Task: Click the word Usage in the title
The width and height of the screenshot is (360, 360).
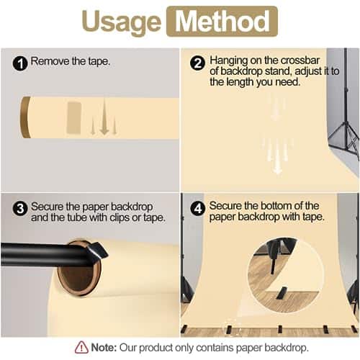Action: click(121, 23)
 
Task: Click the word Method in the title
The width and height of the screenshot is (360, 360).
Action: click(222, 22)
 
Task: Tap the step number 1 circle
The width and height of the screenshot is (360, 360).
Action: click(20, 63)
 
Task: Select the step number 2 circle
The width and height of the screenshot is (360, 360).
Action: click(197, 63)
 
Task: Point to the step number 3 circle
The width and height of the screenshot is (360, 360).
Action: click(20, 208)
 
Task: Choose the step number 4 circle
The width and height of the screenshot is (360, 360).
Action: click(197, 208)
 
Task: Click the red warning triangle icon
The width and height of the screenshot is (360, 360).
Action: click(81, 347)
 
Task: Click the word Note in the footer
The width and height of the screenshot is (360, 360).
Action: click(104, 347)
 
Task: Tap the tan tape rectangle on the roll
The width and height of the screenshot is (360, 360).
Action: click(74, 118)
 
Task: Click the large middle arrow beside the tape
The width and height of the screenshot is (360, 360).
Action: click(104, 116)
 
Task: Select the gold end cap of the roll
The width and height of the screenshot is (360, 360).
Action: click(24, 117)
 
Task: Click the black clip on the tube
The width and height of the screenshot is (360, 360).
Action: click(97, 251)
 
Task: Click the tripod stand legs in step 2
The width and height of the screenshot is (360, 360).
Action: click(344, 139)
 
